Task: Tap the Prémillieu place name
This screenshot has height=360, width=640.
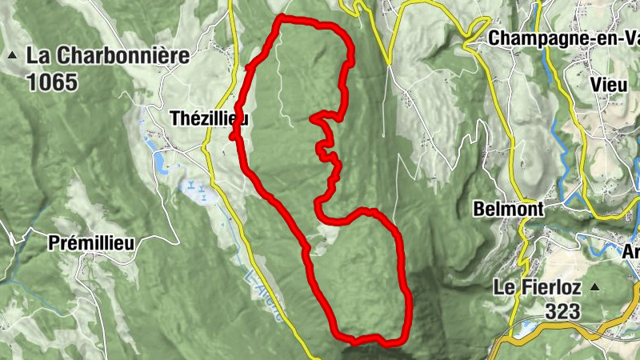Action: coord(90,242)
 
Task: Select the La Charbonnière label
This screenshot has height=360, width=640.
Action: coord(109,56)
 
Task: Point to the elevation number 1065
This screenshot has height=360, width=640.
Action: coord(52,82)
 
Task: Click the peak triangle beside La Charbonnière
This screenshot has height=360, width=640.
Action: coord(13,56)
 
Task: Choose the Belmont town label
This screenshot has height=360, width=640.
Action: coord(508,210)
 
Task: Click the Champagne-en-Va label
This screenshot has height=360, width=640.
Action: coord(563,38)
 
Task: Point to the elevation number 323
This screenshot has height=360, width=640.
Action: coord(566,311)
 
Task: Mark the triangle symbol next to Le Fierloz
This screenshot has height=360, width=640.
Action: coord(595,286)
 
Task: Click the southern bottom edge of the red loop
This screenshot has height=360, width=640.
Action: coord(368,339)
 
